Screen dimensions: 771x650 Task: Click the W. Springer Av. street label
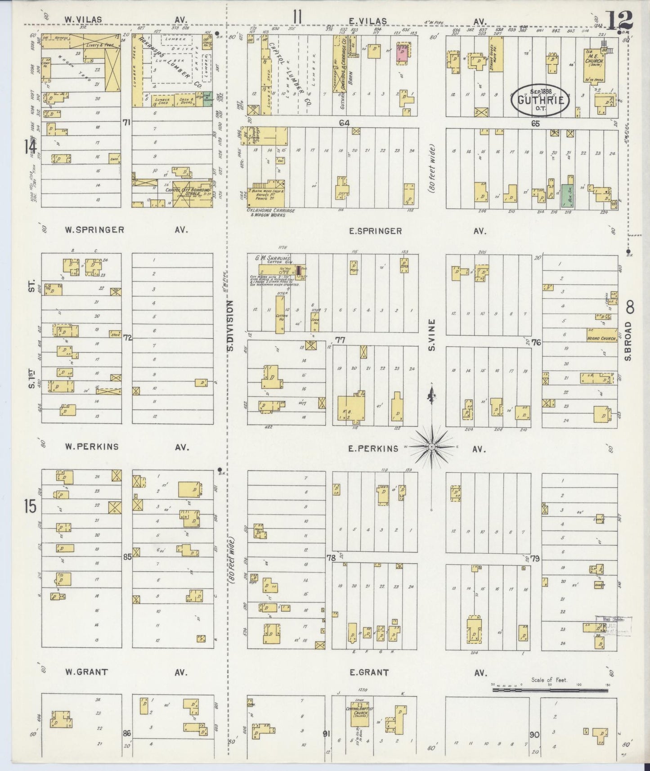click(94, 230)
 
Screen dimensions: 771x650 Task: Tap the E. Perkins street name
click(374, 448)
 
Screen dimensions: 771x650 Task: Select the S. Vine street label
click(432, 335)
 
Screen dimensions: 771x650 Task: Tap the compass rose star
click(432, 446)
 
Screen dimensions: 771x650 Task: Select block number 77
click(340, 340)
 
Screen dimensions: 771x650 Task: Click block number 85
click(127, 556)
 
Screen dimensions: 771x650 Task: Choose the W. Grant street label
click(86, 672)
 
